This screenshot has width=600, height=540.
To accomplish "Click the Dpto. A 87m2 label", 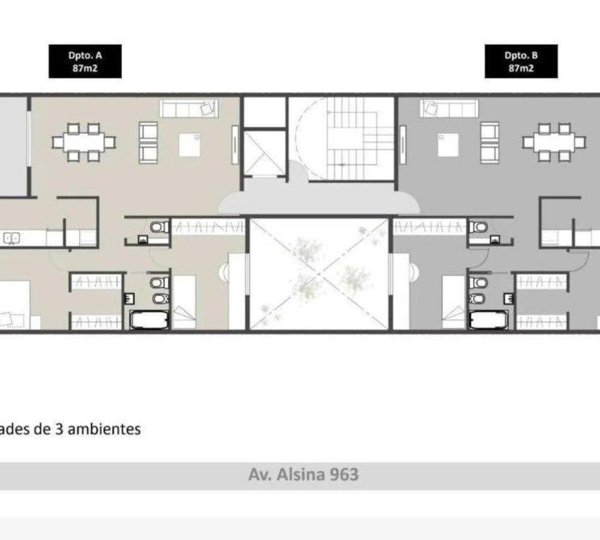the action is [85, 61].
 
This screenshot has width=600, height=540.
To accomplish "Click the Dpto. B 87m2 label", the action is [521, 61].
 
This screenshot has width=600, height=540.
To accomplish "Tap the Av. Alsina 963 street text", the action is [303, 475].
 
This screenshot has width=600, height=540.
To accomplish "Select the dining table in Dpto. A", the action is [84, 143].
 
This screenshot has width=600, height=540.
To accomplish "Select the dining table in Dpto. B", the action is [554, 143].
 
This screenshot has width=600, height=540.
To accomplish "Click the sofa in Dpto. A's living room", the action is [189, 109].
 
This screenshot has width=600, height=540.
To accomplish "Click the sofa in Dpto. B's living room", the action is [449, 109].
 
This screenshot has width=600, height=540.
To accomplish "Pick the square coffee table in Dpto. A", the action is [190, 144].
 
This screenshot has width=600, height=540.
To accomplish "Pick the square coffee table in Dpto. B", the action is [448, 144].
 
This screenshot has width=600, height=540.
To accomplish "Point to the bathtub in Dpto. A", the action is [149, 320].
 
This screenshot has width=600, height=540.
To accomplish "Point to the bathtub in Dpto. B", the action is [489, 320].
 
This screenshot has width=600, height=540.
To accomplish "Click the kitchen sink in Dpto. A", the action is [11, 239].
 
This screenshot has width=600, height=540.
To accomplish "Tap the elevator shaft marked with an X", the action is [264, 153].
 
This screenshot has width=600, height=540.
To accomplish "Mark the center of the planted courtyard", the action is [319, 273].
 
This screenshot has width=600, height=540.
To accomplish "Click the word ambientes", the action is [104, 429].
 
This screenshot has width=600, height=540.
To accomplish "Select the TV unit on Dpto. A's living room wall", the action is [235, 145].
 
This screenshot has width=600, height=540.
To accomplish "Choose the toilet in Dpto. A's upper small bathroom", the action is [159, 227].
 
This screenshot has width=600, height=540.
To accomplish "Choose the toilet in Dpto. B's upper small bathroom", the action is [479, 227].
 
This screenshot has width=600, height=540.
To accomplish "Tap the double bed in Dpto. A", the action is [15, 305].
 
